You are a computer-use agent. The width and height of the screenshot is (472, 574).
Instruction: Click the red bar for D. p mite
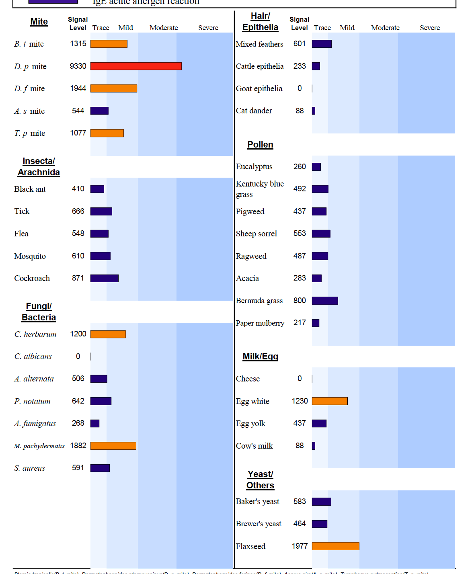click(136, 66)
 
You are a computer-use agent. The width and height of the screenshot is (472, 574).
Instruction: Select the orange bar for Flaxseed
click(335, 546)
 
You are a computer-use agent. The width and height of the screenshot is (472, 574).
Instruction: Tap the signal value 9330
click(78, 66)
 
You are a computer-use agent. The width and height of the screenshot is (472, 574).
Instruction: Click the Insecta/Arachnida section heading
click(39, 167)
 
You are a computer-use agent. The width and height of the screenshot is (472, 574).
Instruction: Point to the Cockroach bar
click(105, 278)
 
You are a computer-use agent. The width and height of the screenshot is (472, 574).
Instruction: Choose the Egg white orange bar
click(330, 401)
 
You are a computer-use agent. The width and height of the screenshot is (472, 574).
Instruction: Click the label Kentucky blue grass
click(260, 189)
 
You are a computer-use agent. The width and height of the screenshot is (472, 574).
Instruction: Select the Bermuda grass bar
click(325, 301)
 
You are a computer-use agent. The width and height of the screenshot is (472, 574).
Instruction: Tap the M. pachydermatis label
click(39, 446)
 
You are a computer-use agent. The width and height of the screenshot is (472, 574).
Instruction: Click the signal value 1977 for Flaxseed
click(300, 546)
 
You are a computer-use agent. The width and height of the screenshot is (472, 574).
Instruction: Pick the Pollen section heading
click(260, 145)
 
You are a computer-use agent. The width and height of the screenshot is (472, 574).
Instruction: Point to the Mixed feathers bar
click(322, 44)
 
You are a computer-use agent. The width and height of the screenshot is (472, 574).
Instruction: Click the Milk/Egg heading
click(260, 357)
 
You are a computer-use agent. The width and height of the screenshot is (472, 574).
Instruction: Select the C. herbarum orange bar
click(108, 334)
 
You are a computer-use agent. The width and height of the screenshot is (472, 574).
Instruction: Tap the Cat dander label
click(254, 111)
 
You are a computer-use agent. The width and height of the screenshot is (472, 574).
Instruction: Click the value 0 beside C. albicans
click(78, 357)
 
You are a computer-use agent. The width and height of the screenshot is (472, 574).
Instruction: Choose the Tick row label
click(22, 211)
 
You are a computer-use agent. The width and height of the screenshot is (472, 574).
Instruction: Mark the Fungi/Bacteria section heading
click(39, 312)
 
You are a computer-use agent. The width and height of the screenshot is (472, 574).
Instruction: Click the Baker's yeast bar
click(322, 502)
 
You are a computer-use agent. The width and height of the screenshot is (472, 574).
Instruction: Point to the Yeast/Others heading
click(260, 480)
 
